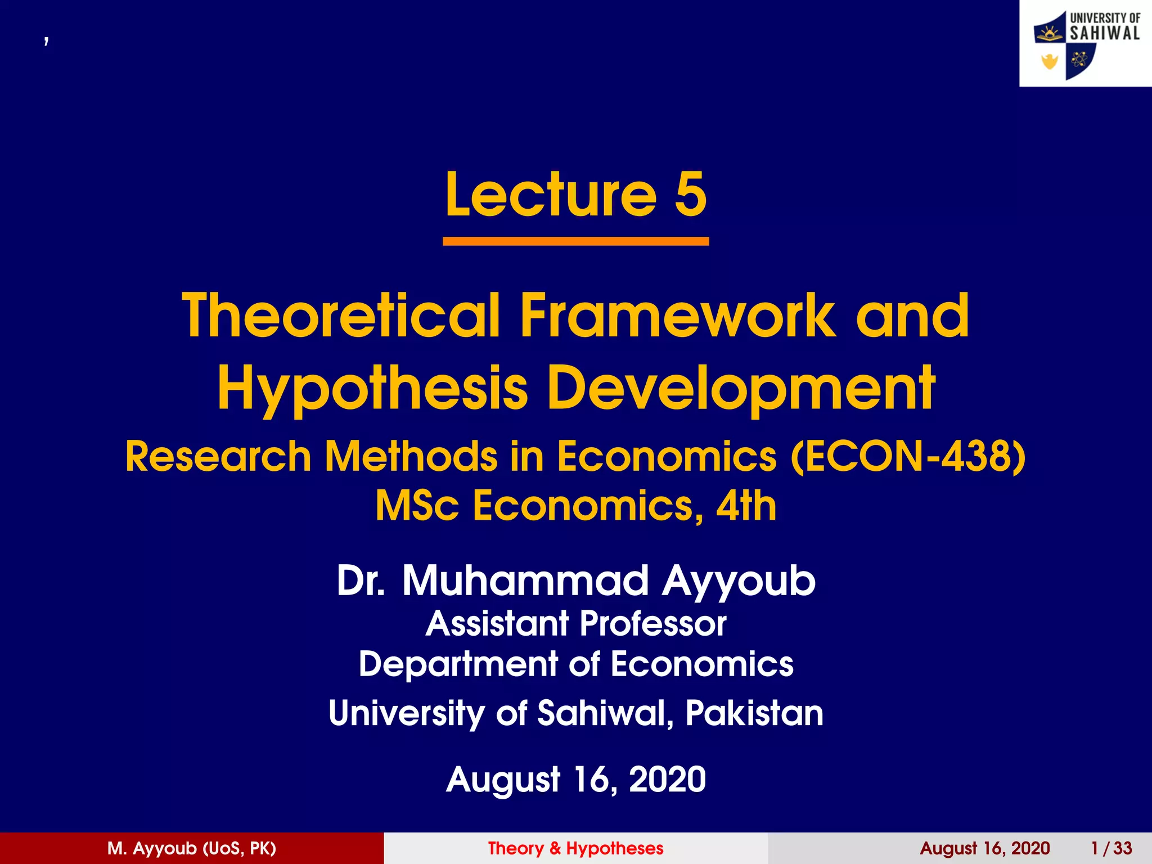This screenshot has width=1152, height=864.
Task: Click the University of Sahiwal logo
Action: (x=1086, y=44)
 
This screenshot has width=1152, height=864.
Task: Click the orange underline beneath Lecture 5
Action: (x=575, y=241)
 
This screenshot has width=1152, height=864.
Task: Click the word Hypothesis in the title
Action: (x=372, y=388)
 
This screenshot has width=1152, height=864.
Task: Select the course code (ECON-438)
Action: (x=908, y=456)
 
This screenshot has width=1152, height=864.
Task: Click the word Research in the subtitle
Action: (x=218, y=456)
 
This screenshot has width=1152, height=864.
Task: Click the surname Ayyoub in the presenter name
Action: (x=739, y=580)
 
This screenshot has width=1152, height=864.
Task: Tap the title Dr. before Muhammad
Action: (x=361, y=580)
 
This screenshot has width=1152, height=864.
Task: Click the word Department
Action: (x=458, y=664)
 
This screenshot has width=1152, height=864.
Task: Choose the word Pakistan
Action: (x=754, y=713)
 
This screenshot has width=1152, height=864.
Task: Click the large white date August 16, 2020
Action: (x=575, y=779)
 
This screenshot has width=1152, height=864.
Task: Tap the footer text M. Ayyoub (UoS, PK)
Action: (x=192, y=848)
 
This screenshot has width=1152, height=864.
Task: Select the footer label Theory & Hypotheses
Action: (x=575, y=848)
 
